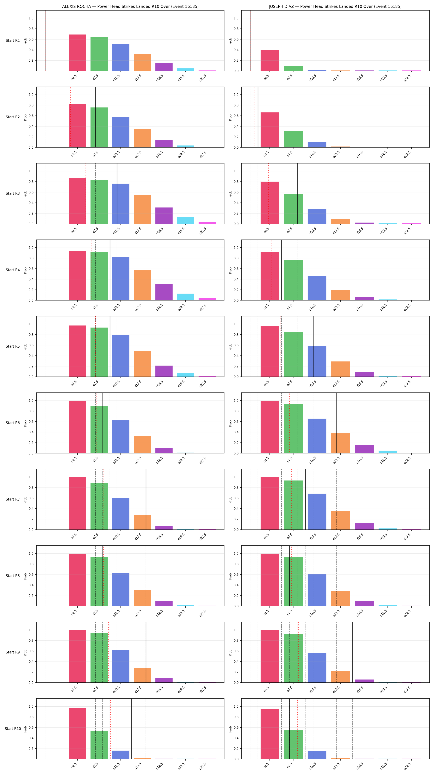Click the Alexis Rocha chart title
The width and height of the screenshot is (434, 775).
click(130, 6)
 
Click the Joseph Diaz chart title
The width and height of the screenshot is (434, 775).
click(335, 6)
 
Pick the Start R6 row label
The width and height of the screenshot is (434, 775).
click(13, 423)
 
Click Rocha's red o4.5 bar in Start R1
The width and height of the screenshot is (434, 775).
click(77, 53)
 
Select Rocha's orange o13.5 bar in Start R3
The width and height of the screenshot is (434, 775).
click(142, 209)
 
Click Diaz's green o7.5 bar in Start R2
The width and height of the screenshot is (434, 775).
click(293, 139)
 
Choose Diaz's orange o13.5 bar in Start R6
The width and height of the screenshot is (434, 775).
click(340, 443)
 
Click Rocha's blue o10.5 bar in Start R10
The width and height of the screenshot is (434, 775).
click(121, 755)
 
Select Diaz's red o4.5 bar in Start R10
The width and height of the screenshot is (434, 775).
click(270, 734)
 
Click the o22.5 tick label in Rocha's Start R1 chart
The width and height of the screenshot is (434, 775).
click(203, 78)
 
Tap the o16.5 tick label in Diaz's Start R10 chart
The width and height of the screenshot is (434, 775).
click(360, 766)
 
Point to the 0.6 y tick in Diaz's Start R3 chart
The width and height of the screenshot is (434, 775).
click(236, 192)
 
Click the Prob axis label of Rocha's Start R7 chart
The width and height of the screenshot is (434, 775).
click(25, 500)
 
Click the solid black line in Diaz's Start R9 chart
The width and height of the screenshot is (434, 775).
click(352, 652)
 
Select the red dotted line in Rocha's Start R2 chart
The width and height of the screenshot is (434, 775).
click(70, 117)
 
